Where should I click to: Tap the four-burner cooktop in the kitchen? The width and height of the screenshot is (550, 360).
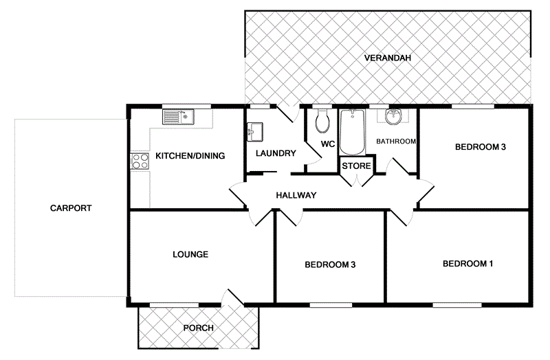[x=140, y=161]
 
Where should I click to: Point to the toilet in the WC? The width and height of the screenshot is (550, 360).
[x=321, y=124]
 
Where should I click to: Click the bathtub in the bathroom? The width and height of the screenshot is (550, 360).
[x=352, y=132]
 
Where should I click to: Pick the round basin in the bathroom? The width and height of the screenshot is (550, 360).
[x=394, y=117]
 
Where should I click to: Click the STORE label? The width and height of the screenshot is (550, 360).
[x=357, y=166]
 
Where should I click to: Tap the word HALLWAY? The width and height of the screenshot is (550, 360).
[x=296, y=196]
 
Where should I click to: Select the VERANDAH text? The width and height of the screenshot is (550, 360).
[x=388, y=58]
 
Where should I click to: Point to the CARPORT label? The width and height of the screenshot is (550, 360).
[x=71, y=208]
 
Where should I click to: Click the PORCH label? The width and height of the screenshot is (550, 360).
[x=198, y=328]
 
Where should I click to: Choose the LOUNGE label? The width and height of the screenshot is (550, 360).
[x=190, y=254]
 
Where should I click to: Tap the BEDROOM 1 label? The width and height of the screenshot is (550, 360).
[x=467, y=264]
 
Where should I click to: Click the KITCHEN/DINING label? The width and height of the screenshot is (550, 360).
[x=190, y=156]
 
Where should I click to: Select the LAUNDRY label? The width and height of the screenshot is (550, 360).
[x=275, y=153]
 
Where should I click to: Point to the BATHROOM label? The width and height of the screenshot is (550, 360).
[x=396, y=142]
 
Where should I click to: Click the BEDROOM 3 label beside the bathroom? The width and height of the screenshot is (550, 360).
[x=480, y=147]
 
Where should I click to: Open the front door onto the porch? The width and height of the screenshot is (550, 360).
[x=232, y=299]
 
